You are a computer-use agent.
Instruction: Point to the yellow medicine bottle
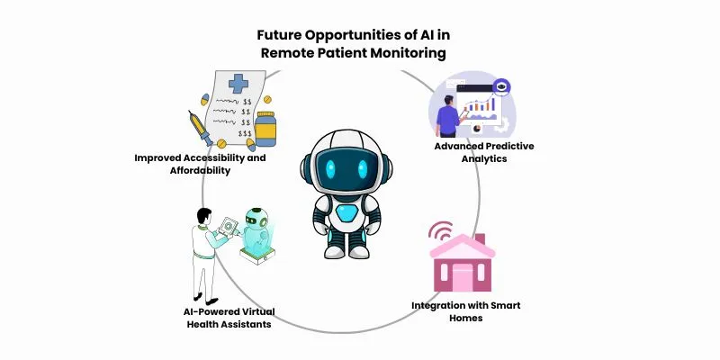265,129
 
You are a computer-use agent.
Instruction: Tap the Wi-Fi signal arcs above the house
440,230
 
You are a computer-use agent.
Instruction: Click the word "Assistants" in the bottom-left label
241,324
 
